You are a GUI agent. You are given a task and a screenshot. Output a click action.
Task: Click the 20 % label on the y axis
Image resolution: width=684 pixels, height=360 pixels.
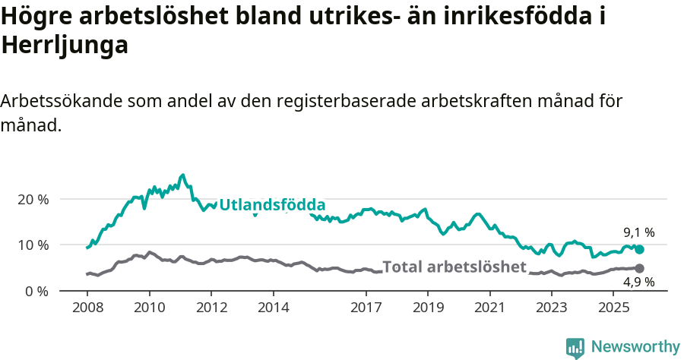coord(33,199)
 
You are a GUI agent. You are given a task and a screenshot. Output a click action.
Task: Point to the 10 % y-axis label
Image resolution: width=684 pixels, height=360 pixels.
coord(33,245)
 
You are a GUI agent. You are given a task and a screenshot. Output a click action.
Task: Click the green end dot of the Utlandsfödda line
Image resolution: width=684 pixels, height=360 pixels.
coord(639,250)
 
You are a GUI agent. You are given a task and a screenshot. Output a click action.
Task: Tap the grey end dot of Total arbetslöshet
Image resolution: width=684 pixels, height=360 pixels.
coord(639,269)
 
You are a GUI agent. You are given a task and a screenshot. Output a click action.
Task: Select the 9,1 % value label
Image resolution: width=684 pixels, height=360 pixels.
coord(639,232)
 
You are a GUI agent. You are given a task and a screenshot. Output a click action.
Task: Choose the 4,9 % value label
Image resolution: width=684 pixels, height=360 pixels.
coord(639,283)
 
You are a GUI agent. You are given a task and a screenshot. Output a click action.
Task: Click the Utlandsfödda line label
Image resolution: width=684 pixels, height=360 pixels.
coord(272,205)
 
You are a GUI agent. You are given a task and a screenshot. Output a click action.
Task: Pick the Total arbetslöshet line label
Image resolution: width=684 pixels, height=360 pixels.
coord(454,267)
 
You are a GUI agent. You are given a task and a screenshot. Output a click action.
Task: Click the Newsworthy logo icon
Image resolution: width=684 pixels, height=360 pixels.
coord(575,348)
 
